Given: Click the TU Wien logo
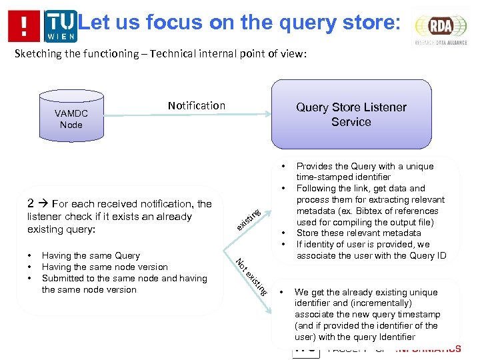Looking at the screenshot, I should click(61, 26).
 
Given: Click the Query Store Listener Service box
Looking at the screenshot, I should click(351, 114).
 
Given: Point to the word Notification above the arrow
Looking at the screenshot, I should click(197, 105).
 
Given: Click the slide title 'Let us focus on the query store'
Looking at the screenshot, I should click(240, 23).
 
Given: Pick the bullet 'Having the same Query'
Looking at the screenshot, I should click(91, 255).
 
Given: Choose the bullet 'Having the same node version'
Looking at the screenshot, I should click(105, 267).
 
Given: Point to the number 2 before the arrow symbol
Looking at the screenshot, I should click(31, 204).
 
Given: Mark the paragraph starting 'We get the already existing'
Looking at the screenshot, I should click(366, 314).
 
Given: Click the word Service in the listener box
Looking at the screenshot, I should click(351, 122).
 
